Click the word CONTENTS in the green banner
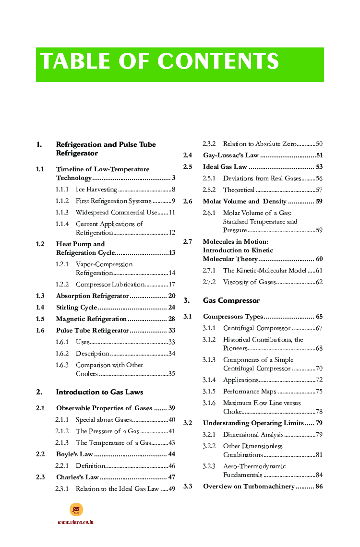click(x=218, y=61)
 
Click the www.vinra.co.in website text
click(x=75, y=522)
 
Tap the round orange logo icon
click(x=76, y=510)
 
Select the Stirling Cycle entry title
click(x=76, y=308)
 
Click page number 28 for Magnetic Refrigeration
click(x=171, y=319)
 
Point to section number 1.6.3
click(x=62, y=365)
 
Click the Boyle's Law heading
click(x=74, y=454)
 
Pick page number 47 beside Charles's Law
click(x=171, y=477)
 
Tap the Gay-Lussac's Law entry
click(x=230, y=155)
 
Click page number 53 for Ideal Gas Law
click(x=319, y=167)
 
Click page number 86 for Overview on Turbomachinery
click(x=319, y=487)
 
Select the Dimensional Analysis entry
click(x=253, y=435)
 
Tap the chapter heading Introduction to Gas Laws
click(x=99, y=392)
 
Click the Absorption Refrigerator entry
click(x=92, y=296)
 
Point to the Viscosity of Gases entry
click(x=249, y=282)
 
